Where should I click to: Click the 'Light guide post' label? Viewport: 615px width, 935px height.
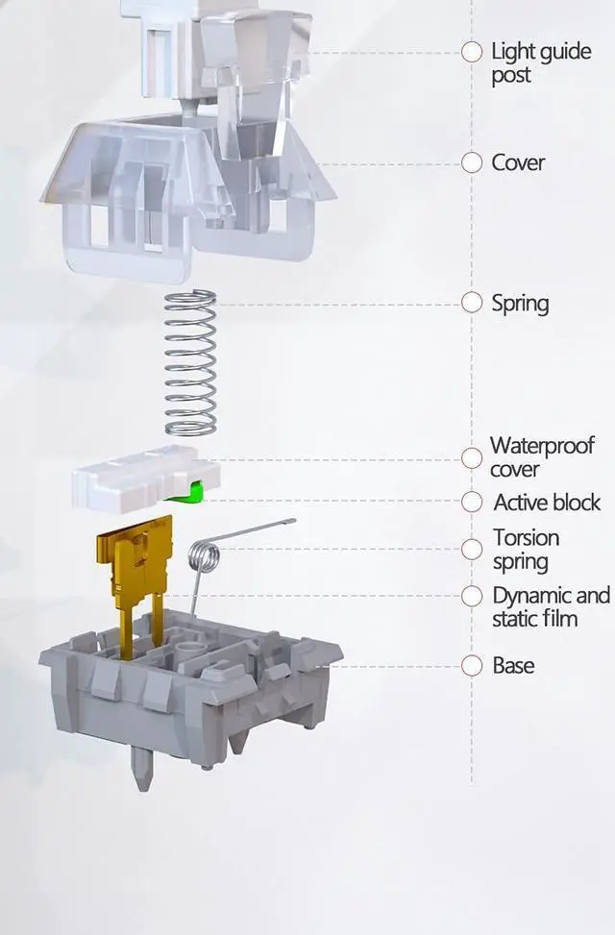[x=540, y=62]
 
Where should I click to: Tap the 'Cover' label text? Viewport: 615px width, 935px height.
[x=518, y=163]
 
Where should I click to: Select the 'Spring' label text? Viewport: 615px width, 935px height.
[x=520, y=304]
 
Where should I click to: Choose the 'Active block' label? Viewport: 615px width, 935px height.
[x=547, y=502]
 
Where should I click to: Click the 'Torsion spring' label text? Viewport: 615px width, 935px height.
[x=526, y=550]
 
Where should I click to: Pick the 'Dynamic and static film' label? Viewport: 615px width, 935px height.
[x=551, y=606]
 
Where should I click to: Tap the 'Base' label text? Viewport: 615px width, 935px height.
[x=513, y=665]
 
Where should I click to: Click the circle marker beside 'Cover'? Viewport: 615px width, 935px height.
[x=472, y=163]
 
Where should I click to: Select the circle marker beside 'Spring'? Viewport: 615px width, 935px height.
[x=472, y=303]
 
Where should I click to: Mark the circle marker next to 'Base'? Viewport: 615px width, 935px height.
[x=472, y=665]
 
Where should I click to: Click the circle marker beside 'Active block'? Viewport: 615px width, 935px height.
[x=472, y=502]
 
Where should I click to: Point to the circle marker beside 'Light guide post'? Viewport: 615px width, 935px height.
[x=472, y=52]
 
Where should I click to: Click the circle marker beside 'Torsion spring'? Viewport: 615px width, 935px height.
[x=472, y=550]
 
